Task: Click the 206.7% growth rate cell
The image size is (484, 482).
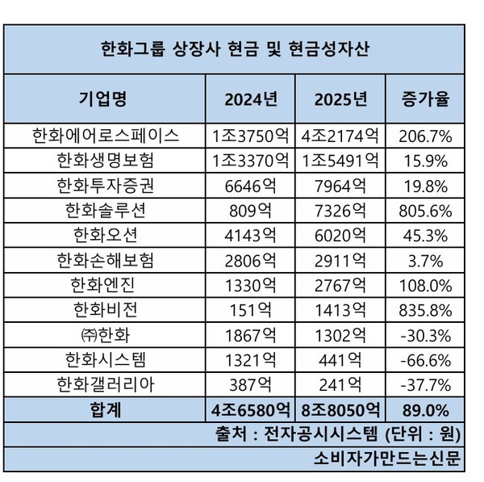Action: click(x=425, y=135)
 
